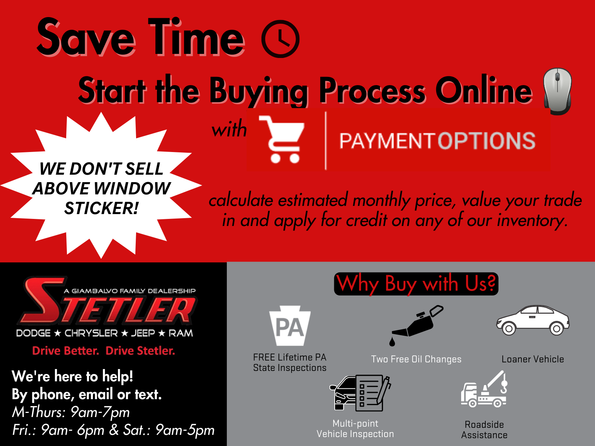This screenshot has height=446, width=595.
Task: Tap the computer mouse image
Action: (557, 91)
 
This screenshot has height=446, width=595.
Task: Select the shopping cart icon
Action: (282, 139)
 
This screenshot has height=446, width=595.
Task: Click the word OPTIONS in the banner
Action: (486, 141)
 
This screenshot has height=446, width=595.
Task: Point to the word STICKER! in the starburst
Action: (102, 208)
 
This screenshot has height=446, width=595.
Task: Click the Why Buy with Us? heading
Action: (416, 284)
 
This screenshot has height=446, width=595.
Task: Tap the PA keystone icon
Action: (290, 326)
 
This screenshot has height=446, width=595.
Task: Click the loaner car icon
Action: (533, 320)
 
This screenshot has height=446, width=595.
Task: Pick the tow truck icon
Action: (484, 389)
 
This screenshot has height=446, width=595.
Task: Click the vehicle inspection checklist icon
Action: (360, 393)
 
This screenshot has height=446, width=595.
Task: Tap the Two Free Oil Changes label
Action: (416, 359)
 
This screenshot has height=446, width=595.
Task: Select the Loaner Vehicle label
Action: (533, 359)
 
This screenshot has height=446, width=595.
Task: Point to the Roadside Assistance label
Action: (484, 430)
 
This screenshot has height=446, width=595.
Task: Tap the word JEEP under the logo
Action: (143, 333)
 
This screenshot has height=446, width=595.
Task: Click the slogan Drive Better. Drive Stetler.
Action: (103, 351)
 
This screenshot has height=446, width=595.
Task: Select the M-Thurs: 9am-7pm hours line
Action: (71, 413)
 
